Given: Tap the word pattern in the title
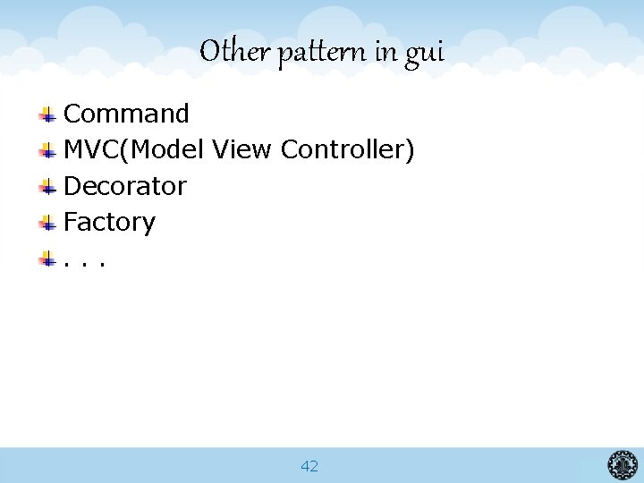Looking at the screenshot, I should click(320, 54).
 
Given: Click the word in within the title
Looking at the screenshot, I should click(386, 52).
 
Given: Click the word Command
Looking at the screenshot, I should click(126, 114).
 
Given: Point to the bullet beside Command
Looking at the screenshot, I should click(48, 114).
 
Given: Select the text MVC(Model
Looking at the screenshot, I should click(134, 150).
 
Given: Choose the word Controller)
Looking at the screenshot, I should click(347, 150).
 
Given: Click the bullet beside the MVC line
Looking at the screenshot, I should click(48, 150).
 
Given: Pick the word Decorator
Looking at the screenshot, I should click(125, 186).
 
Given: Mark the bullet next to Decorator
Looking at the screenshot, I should click(48, 187).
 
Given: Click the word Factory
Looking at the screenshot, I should click(109, 223).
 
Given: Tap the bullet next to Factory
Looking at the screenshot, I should click(48, 223).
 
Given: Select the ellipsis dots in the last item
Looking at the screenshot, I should click(85, 263).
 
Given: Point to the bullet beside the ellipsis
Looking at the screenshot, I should click(48, 259).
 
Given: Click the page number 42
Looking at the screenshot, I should click(309, 466).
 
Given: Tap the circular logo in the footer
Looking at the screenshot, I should click(623, 465).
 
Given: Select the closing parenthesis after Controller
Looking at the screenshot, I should click(410, 150).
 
